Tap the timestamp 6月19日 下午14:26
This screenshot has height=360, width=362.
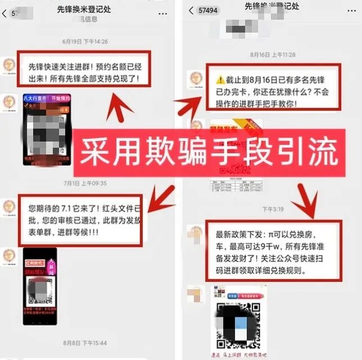tap(85, 42)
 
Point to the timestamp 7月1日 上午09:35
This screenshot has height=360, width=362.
tap(85, 183)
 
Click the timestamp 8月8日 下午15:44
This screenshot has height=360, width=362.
tap(85, 343)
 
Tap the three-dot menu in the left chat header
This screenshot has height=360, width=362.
tap(163, 12)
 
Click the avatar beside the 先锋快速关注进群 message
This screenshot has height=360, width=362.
tap(10, 63)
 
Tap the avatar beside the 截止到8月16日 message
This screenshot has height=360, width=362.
tap(194, 79)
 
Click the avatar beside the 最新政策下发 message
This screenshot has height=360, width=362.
tap(194, 233)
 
